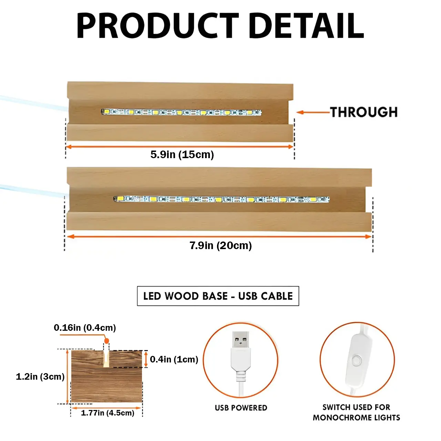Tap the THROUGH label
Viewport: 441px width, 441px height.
click(x=363, y=112)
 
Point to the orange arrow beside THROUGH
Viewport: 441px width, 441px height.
click(x=313, y=112)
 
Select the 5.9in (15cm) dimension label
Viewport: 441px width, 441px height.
click(x=182, y=154)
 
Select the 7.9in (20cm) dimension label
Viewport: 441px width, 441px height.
click(x=220, y=246)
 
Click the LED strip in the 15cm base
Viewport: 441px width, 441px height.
click(x=182, y=112)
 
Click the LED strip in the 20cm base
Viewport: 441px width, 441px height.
click(x=222, y=199)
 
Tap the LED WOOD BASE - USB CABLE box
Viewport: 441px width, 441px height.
click(x=218, y=296)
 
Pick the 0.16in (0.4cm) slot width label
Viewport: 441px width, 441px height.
click(x=85, y=328)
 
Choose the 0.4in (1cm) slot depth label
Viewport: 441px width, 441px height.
click(x=174, y=359)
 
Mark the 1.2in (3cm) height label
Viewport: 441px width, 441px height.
click(x=40, y=377)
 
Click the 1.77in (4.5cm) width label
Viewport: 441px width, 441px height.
click(x=107, y=413)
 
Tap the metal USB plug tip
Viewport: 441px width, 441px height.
click(x=241, y=339)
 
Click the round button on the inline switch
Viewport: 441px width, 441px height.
click(x=357, y=361)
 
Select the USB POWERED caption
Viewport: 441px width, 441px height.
click(x=241, y=408)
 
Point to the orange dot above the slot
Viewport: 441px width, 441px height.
click(x=106, y=341)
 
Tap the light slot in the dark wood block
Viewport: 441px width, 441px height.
click(x=106, y=359)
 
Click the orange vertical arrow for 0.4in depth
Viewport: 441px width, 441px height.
click(x=146, y=359)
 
